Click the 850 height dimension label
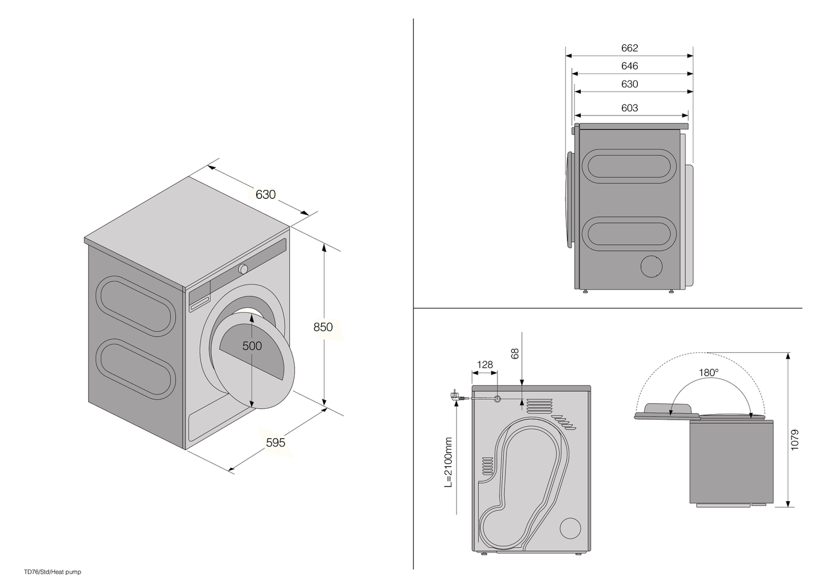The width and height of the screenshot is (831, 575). click(323, 327)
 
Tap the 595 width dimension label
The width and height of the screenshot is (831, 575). click(275, 442)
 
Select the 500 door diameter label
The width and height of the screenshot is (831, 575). click(252, 346)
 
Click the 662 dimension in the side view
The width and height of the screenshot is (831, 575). click(629, 48)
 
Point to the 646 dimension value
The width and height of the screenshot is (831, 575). click(629, 66)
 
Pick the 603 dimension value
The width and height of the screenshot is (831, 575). click(629, 108)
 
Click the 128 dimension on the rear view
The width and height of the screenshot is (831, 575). click(484, 364)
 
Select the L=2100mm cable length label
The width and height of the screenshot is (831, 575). click(448, 462)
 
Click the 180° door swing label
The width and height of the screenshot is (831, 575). click(709, 373)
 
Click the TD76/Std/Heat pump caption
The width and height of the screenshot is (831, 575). click(53, 572)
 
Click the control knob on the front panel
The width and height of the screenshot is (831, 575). click(243, 269)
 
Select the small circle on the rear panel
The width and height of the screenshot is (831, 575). click(570, 528)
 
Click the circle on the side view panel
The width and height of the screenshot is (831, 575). click(651, 266)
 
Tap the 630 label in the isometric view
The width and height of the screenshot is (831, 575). click(265, 195)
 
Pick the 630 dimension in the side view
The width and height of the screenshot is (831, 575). click(629, 84)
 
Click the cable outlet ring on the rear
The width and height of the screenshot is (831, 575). click(497, 399)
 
